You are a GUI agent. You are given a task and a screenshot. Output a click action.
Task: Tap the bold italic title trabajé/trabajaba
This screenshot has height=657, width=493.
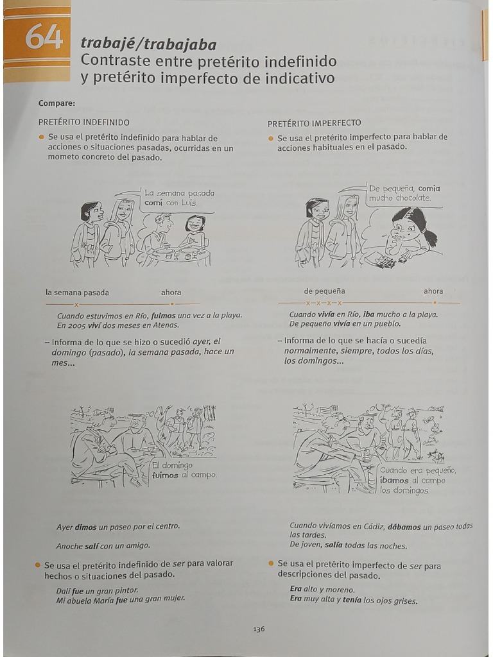point(148,44)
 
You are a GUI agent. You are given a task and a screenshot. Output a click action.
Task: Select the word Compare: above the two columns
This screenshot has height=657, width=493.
point(56,103)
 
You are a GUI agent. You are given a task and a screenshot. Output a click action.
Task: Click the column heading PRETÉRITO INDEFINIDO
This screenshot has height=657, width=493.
point(83,122)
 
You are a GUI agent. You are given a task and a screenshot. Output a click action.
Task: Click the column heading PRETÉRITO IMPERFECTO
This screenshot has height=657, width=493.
point(314,123)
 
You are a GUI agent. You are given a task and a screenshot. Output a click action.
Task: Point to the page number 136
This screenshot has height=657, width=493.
point(259,629)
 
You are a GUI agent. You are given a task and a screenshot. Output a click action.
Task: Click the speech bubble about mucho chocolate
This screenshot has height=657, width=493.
point(404,193)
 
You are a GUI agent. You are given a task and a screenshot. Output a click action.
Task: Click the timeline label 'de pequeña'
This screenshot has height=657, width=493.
point(324,291)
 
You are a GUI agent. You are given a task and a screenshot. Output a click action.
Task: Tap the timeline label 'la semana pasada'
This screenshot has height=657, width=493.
point(77,293)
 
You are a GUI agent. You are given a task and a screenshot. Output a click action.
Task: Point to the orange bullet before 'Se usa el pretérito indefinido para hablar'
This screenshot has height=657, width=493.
point(42,137)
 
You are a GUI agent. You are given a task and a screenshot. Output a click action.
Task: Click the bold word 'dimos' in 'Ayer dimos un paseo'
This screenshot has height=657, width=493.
point(85,527)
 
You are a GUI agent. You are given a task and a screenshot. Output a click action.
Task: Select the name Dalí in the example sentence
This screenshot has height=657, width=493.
point(64,590)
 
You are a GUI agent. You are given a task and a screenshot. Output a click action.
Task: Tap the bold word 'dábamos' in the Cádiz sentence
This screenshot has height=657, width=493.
point(404,526)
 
